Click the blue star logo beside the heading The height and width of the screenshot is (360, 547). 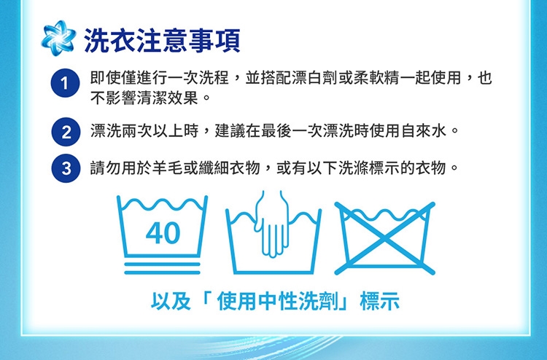tap(58, 39)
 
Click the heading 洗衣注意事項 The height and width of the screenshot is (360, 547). tap(162, 40)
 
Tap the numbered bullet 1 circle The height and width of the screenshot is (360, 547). tap(65, 83)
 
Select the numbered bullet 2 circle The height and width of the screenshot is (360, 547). tap(66, 132)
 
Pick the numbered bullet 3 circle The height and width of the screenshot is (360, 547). tap(66, 168)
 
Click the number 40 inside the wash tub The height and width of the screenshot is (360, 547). tap(163, 233)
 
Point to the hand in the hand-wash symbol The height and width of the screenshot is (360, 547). tap(273, 224)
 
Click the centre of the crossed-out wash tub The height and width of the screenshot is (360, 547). tap(385, 238)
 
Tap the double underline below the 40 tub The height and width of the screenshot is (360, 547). tap(162, 268)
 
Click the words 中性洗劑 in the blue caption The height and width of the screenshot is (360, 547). tap(298, 301)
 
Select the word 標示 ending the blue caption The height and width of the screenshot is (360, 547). tap(380, 301)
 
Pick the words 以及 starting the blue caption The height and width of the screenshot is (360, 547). tap(171, 301)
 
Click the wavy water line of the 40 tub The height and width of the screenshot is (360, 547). tap(162, 205)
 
